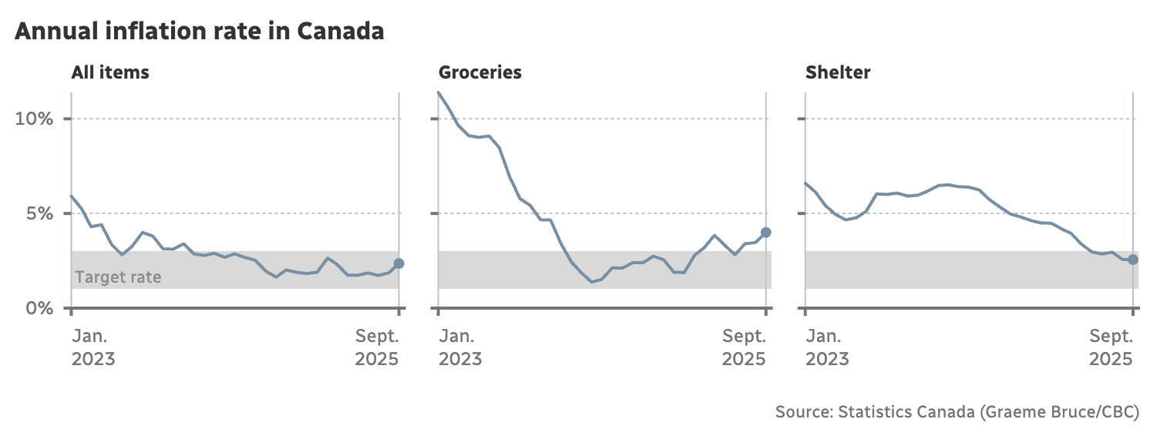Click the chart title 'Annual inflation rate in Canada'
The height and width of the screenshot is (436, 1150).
pyautogui.click(x=199, y=32)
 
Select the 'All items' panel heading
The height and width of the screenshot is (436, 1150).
pyautogui.click(x=110, y=73)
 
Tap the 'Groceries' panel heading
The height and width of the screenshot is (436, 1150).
pyautogui.click(x=479, y=73)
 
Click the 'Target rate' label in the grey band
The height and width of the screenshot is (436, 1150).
pyautogui.click(x=118, y=277)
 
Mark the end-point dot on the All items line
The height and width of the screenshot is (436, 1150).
pyautogui.click(x=398, y=263)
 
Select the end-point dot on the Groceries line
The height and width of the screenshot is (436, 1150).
pyautogui.click(x=765, y=232)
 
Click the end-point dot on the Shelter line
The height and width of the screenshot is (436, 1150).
pyautogui.click(x=1132, y=260)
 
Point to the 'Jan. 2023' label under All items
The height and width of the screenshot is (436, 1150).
pyautogui.click(x=93, y=347)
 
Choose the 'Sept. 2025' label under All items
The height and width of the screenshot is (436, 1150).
pyautogui.click(x=377, y=347)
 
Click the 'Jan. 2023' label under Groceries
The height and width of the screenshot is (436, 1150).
pyautogui.click(x=460, y=347)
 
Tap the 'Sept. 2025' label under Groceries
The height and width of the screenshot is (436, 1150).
pyautogui.click(x=744, y=347)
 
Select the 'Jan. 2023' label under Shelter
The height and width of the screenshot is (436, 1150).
pyautogui.click(x=827, y=347)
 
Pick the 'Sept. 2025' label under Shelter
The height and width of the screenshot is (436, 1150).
pyautogui.click(x=1111, y=347)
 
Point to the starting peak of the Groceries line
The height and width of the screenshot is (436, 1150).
pyautogui.click(x=439, y=92)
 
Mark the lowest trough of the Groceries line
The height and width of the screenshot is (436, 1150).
pyautogui.click(x=591, y=282)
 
